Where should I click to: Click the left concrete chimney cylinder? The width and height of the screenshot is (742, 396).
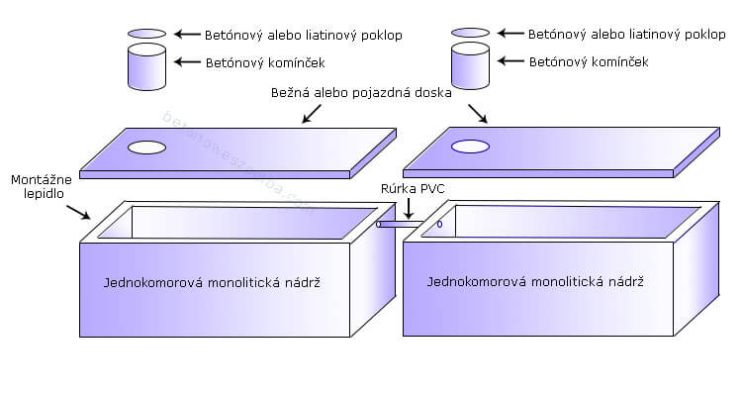click(x=147, y=66)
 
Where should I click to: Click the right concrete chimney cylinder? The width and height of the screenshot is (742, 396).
click(x=470, y=66)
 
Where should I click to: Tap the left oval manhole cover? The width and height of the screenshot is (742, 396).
click(x=147, y=34)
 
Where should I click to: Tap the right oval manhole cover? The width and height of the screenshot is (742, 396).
click(x=470, y=33)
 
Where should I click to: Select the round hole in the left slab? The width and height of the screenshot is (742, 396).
click(x=146, y=148)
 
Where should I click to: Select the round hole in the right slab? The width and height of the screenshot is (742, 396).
click(x=470, y=148)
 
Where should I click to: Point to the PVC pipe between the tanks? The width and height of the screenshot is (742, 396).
click(x=401, y=225)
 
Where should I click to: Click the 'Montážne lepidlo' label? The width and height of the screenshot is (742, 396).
click(x=39, y=188)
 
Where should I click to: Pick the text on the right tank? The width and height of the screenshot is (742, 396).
click(x=535, y=282)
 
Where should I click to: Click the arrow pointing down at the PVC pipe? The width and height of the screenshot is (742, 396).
click(x=409, y=208)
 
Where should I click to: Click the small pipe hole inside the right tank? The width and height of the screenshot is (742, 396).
click(x=439, y=224)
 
